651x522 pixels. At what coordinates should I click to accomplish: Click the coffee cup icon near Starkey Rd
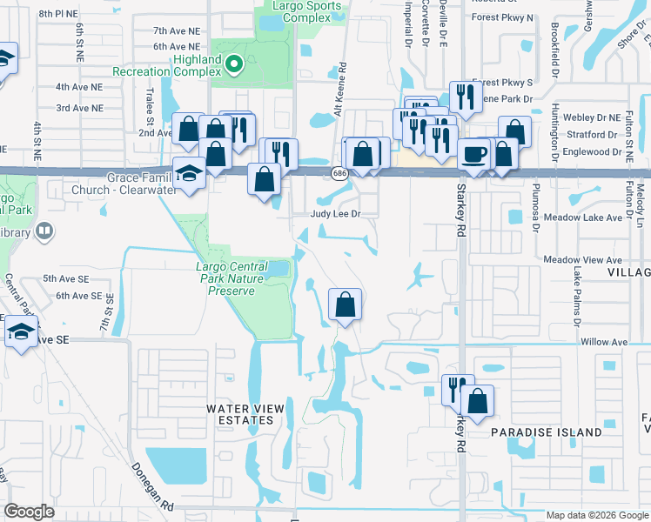pos(473,154)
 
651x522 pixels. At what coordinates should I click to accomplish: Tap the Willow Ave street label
pos(604,343)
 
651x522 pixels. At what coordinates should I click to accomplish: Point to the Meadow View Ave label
pos(582,260)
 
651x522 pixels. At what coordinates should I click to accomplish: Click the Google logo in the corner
pos(30,512)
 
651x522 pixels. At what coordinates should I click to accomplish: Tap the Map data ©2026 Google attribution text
pos(597,515)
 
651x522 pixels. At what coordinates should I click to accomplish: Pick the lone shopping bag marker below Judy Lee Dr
pos(345,304)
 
